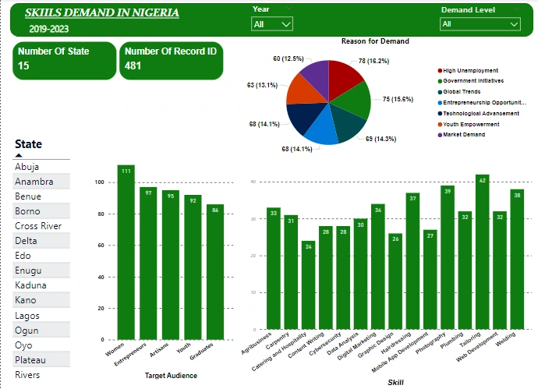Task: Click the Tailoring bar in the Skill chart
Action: point(482,257)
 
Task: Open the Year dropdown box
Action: point(272,24)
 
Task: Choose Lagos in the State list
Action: point(27,316)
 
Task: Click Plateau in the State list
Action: point(31,360)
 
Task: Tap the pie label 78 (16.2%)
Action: point(373,61)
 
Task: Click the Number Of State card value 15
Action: point(23,66)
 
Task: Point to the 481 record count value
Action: point(133,66)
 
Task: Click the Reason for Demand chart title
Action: point(375,41)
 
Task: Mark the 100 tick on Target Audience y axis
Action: point(99,182)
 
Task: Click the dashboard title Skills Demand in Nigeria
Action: point(101,13)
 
